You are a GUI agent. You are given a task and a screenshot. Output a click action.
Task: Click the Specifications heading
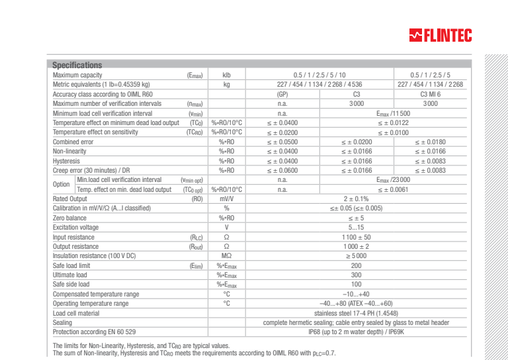77,65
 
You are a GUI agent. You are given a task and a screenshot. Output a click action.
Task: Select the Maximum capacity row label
77,75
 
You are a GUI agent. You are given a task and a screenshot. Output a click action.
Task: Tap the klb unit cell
226,75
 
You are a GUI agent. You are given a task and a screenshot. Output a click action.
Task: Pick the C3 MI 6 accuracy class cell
431,94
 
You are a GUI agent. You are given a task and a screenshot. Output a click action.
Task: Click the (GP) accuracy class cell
282,94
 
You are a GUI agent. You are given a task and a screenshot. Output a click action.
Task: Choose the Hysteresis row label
66,161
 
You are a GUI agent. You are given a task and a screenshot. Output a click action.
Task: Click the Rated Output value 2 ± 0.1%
356,199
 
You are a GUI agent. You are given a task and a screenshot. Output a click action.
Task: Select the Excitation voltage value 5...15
356,228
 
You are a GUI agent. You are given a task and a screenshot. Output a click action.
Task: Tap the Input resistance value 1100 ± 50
356,237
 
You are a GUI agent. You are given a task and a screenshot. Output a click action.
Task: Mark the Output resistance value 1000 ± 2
356,246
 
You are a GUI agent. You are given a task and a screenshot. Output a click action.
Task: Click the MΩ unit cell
226,256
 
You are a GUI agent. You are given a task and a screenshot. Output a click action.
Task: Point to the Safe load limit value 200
356,265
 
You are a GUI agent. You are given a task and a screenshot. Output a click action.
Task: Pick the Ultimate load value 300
356,275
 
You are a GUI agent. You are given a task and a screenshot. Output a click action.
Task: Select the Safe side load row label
71,285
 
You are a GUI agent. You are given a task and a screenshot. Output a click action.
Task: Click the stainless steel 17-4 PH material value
356,313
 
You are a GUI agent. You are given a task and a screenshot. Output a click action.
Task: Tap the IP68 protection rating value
356,332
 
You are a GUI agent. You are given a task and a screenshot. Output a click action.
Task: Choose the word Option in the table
62,185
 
